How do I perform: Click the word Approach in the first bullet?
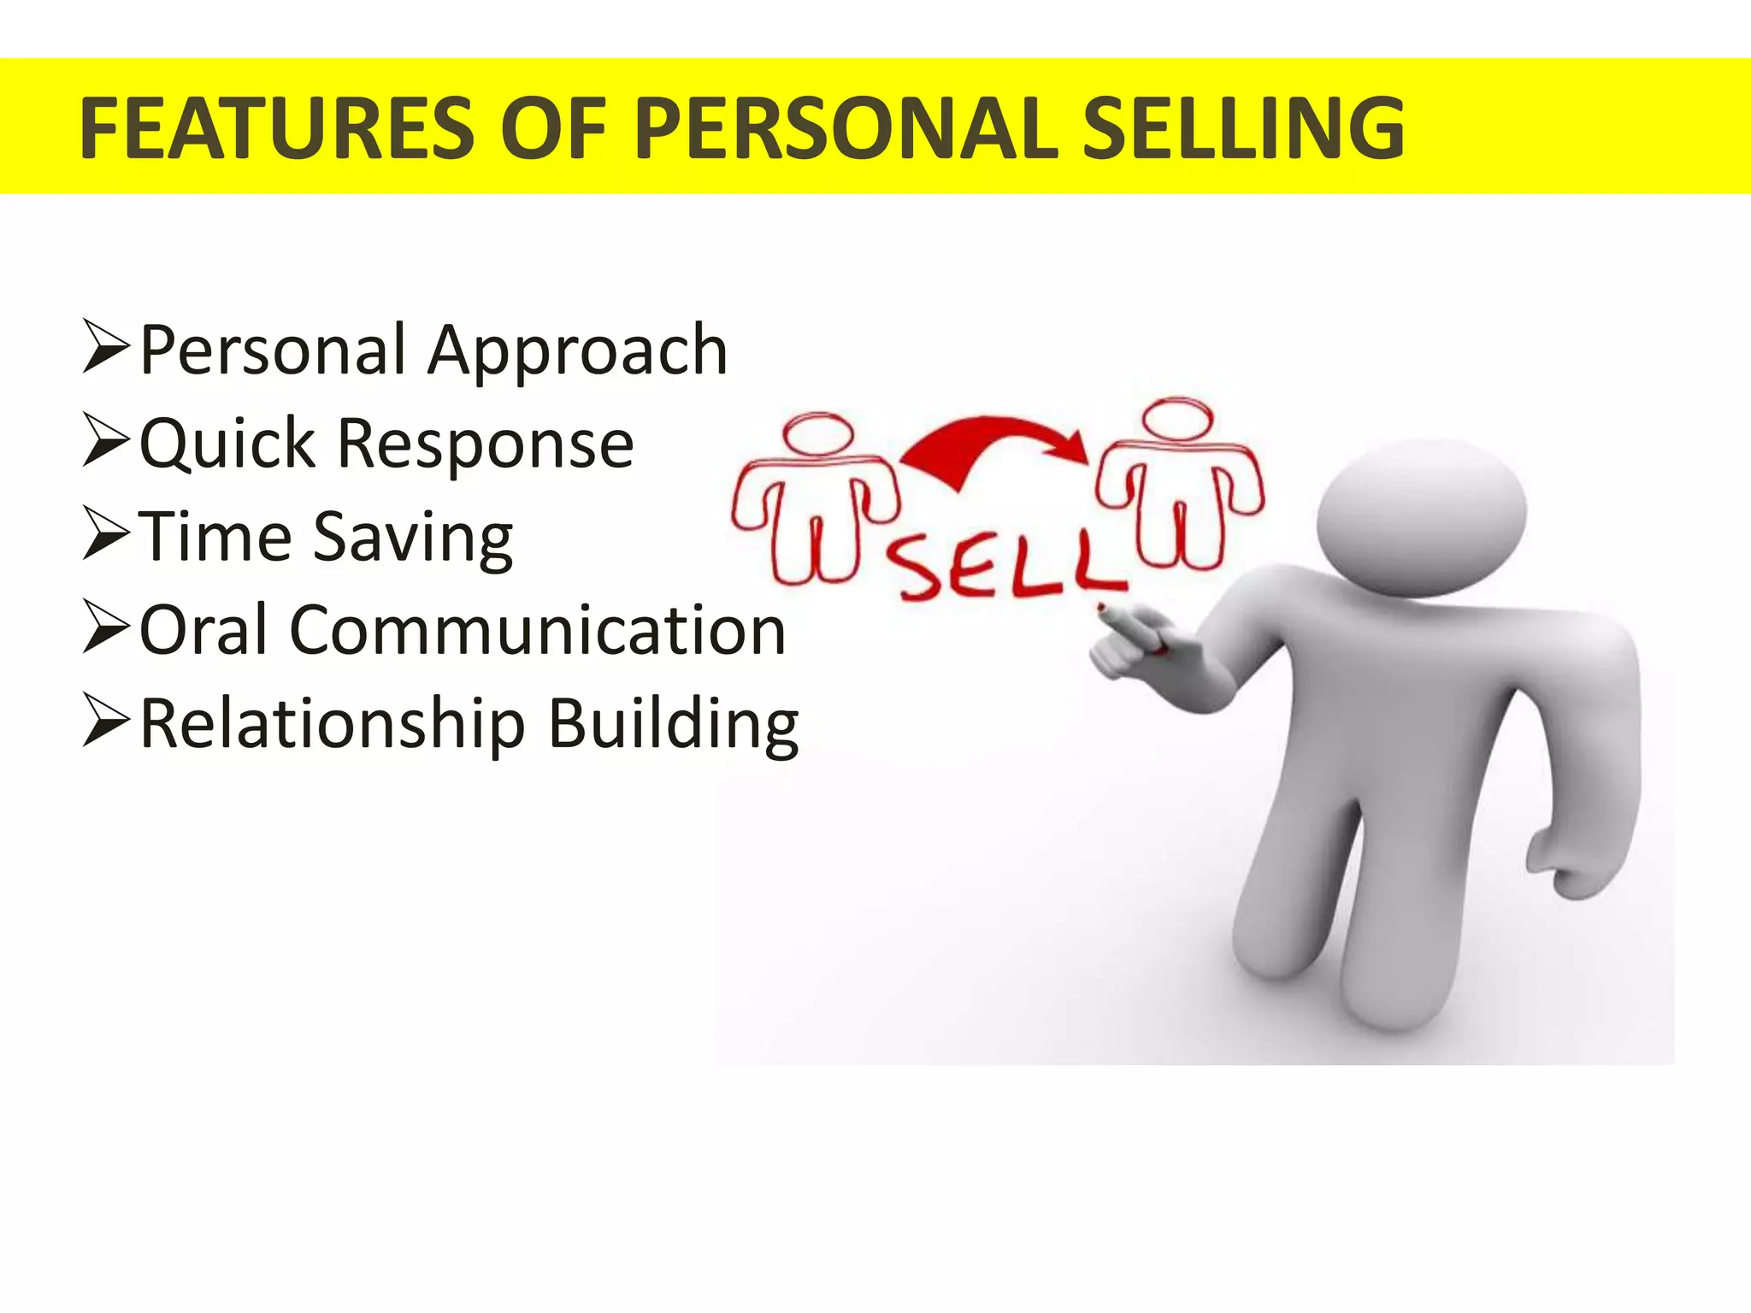point(578,350)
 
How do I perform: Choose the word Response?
point(486,445)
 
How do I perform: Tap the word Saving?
point(413,539)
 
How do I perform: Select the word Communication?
point(538,631)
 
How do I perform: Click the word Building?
point(673,725)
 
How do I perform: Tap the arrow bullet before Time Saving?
point(106,534)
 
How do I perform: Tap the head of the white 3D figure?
point(1421,517)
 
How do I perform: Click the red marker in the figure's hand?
point(1129,628)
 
